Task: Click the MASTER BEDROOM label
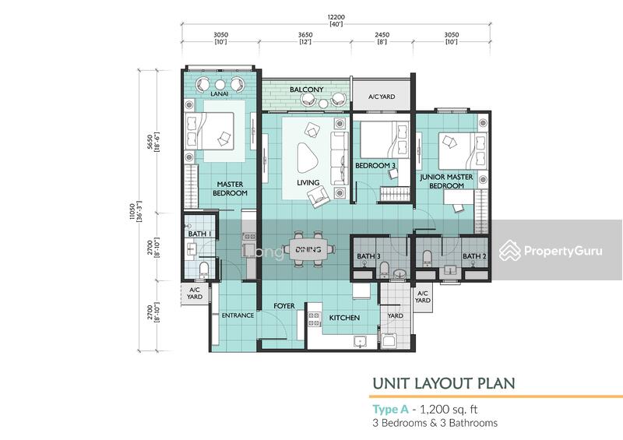coord(230,188)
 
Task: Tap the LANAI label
coord(220,93)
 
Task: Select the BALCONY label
coord(306,90)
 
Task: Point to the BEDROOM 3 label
coord(375,165)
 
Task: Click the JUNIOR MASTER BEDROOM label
coord(446,181)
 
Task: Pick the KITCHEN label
coord(344,318)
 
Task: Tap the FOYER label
coord(284,305)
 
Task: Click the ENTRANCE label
coord(238,315)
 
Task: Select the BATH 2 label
coord(474,256)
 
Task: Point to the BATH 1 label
coord(199,234)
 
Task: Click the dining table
coord(308,250)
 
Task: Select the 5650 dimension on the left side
coord(150,141)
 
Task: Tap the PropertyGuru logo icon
coord(510,251)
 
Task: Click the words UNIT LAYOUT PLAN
coord(444,384)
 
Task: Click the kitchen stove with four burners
coord(314,319)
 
